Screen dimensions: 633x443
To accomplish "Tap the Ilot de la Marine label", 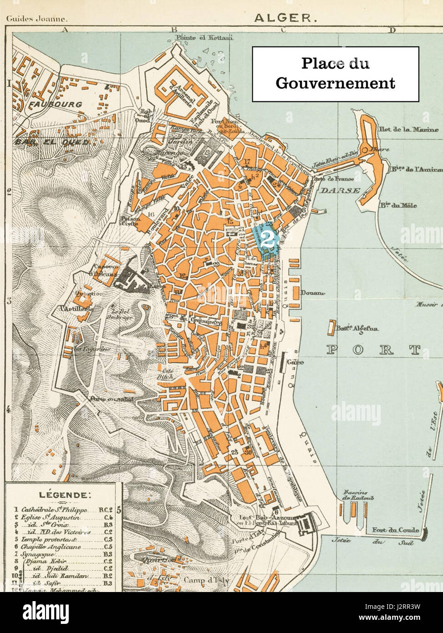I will point(403,129).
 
